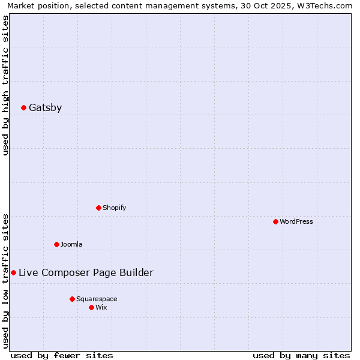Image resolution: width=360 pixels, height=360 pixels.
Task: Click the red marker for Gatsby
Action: click(23, 108)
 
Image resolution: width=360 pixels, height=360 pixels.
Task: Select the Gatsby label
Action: click(45, 108)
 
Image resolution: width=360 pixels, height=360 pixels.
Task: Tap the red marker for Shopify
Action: click(98, 208)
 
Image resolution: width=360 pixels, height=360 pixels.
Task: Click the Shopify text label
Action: click(114, 208)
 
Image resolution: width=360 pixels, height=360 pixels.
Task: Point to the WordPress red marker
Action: click(275, 222)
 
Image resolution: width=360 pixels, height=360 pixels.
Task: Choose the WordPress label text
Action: click(296, 222)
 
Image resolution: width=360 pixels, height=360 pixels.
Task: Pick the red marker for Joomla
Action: click(56, 245)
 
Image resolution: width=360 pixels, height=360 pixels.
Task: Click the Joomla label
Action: click(71, 245)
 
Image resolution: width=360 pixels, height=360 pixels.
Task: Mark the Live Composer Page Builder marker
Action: click(13, 273)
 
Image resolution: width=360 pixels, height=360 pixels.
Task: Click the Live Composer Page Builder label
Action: click(86, 273)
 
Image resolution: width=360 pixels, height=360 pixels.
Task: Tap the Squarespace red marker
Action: click(72, 299)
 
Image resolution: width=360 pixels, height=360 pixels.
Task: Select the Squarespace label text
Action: click(97, 299)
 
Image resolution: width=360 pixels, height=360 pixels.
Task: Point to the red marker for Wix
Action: click(91, 308)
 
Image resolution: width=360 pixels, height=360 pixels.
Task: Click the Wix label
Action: click(101, 308)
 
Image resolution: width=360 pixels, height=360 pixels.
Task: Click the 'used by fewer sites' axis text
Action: click(62, 355)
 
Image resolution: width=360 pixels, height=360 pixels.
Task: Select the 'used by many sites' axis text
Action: click(301, 355)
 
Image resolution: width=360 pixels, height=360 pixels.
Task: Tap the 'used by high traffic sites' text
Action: click(6, 85)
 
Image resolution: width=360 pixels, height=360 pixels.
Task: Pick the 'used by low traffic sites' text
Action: click(6, 280)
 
